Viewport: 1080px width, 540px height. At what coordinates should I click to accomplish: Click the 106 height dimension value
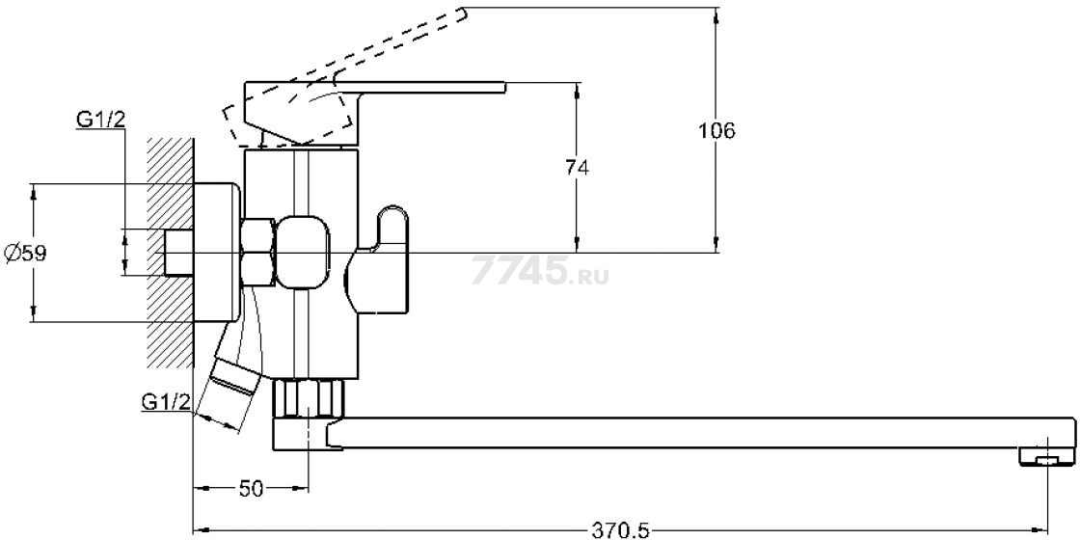(717, 130)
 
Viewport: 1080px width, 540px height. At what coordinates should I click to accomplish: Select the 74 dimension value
(578, 168)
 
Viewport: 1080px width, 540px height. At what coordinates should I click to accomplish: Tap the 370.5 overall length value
(620, 530)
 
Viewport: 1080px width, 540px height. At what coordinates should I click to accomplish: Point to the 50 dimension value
(252, 488)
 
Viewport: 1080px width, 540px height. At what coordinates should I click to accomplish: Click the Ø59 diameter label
(25, 254)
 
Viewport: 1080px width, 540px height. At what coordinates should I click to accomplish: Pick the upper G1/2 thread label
(100, 120)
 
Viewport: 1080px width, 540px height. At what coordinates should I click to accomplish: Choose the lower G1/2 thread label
(166, 401)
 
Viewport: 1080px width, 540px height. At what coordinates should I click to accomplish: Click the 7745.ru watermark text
(540, 269)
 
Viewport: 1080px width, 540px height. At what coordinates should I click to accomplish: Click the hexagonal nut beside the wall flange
(258, 252)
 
